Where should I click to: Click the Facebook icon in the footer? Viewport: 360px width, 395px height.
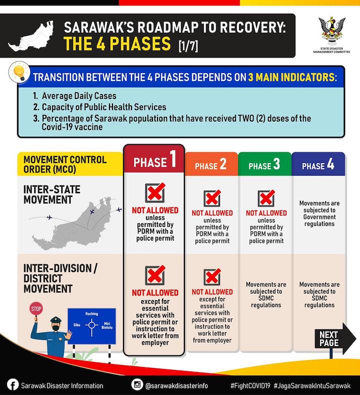12,385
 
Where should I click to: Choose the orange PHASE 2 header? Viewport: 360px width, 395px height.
210,165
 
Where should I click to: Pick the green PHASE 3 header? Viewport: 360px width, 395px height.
264,165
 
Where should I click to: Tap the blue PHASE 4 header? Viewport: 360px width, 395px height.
318,165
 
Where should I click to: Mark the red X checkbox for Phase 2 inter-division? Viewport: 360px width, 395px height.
212,277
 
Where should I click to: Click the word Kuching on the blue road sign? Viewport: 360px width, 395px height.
91,314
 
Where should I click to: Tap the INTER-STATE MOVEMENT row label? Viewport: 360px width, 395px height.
51,195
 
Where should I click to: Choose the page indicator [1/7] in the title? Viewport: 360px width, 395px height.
188,46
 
